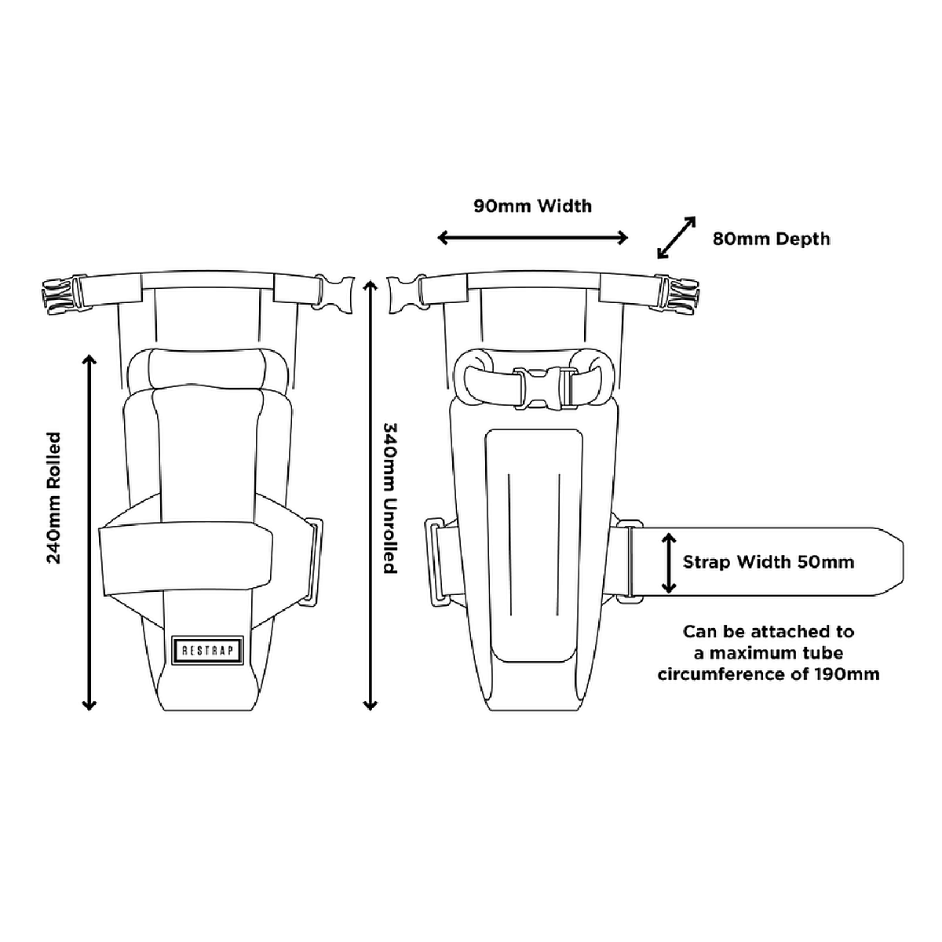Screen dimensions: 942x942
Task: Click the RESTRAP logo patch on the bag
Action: pyautogui.click(x=206, y=650)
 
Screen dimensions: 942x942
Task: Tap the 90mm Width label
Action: pyautogui.click(x=532, y=206)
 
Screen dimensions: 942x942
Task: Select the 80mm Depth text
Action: pyautogui.click(x=771, y=239)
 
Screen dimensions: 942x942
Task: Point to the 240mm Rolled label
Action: pyautogui.click(x=53, y=498)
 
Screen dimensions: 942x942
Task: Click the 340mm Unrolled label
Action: pyautogui.click(x=390, y=498)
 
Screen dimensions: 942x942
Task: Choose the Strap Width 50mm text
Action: pyautogui.click(x=769, y=562)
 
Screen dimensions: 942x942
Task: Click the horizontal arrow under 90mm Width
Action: pyautogui.click(x=532, y=238)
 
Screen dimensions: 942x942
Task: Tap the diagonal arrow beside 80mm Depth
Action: pyautogui.click(x=676, y=238)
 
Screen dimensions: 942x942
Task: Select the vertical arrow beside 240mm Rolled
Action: pyautogui.click(x=89, y=532)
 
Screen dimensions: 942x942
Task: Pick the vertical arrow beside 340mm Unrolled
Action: pyautogui.click(x=370, y=495)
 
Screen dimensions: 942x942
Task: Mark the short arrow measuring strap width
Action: pyautogui.click(x=668, y=563)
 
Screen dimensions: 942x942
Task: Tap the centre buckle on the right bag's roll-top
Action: pyautogui.click(x=542, y=387)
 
